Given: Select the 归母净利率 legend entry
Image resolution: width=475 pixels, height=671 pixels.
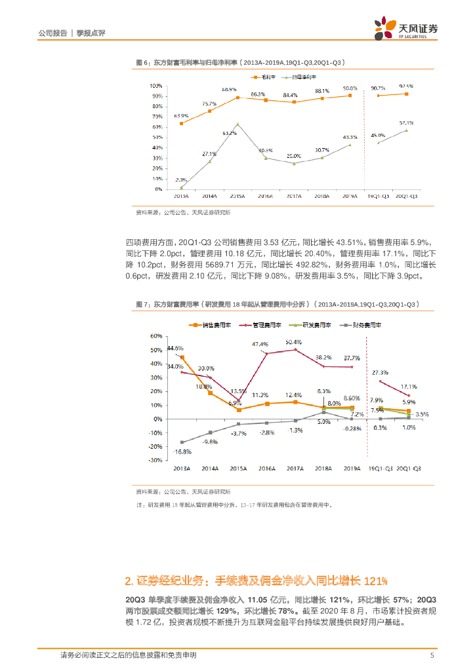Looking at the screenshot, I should (x=298, y=77).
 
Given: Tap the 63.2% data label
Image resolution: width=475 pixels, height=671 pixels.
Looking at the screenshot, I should (x=230, y=133).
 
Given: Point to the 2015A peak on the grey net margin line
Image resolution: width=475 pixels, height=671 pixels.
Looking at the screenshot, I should (x=237, y=124).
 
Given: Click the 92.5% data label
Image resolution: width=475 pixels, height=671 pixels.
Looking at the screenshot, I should (x=405, y=86).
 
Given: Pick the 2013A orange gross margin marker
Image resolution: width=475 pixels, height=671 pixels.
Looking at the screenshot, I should (x=181, y=123).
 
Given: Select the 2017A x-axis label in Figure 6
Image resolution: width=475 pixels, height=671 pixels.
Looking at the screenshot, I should (x=293, y=196).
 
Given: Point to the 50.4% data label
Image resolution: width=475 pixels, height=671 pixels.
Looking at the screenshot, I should (x=294, y=341).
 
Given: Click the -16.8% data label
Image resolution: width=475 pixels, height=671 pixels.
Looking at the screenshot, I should (x=178, y=451).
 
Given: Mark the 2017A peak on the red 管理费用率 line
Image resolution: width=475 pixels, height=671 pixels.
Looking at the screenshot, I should (x=295, y=349).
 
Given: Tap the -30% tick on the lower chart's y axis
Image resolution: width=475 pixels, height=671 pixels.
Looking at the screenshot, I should (x=156, y=461).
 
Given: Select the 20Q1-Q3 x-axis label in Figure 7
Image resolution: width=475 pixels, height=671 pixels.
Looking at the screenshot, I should (x=408, y=469).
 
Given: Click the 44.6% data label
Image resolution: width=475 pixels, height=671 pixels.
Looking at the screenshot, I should (x=175, y=348).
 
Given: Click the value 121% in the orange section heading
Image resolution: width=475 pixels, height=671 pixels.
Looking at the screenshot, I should (x=375, y=581).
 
